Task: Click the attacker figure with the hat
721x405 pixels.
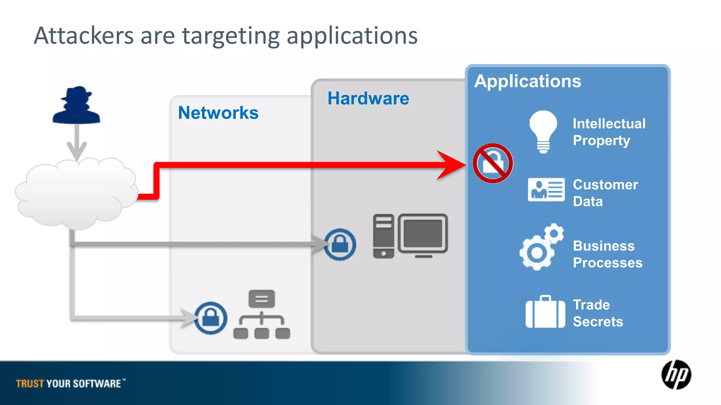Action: coord(76,105)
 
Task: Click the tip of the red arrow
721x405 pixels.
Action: coord(464,165)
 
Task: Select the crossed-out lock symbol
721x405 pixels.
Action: coord(493,163)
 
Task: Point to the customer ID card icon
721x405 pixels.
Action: coord(546,189)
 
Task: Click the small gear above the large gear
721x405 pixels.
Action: coord(554,233)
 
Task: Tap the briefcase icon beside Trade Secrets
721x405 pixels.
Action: coord(545,312)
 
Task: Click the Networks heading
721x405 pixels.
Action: coord(218,113)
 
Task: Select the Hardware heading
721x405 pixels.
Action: coord(368,98)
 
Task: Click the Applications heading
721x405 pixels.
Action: coord(527,81)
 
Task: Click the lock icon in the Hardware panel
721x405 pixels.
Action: coord(340,244)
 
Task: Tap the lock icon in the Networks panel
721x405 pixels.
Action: coord(211,318)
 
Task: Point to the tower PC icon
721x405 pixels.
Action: coord(383,236)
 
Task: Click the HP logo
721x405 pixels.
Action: coord(676,375)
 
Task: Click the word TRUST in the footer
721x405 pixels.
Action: coord(30,384)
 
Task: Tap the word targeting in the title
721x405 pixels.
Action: coord(231,36)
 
